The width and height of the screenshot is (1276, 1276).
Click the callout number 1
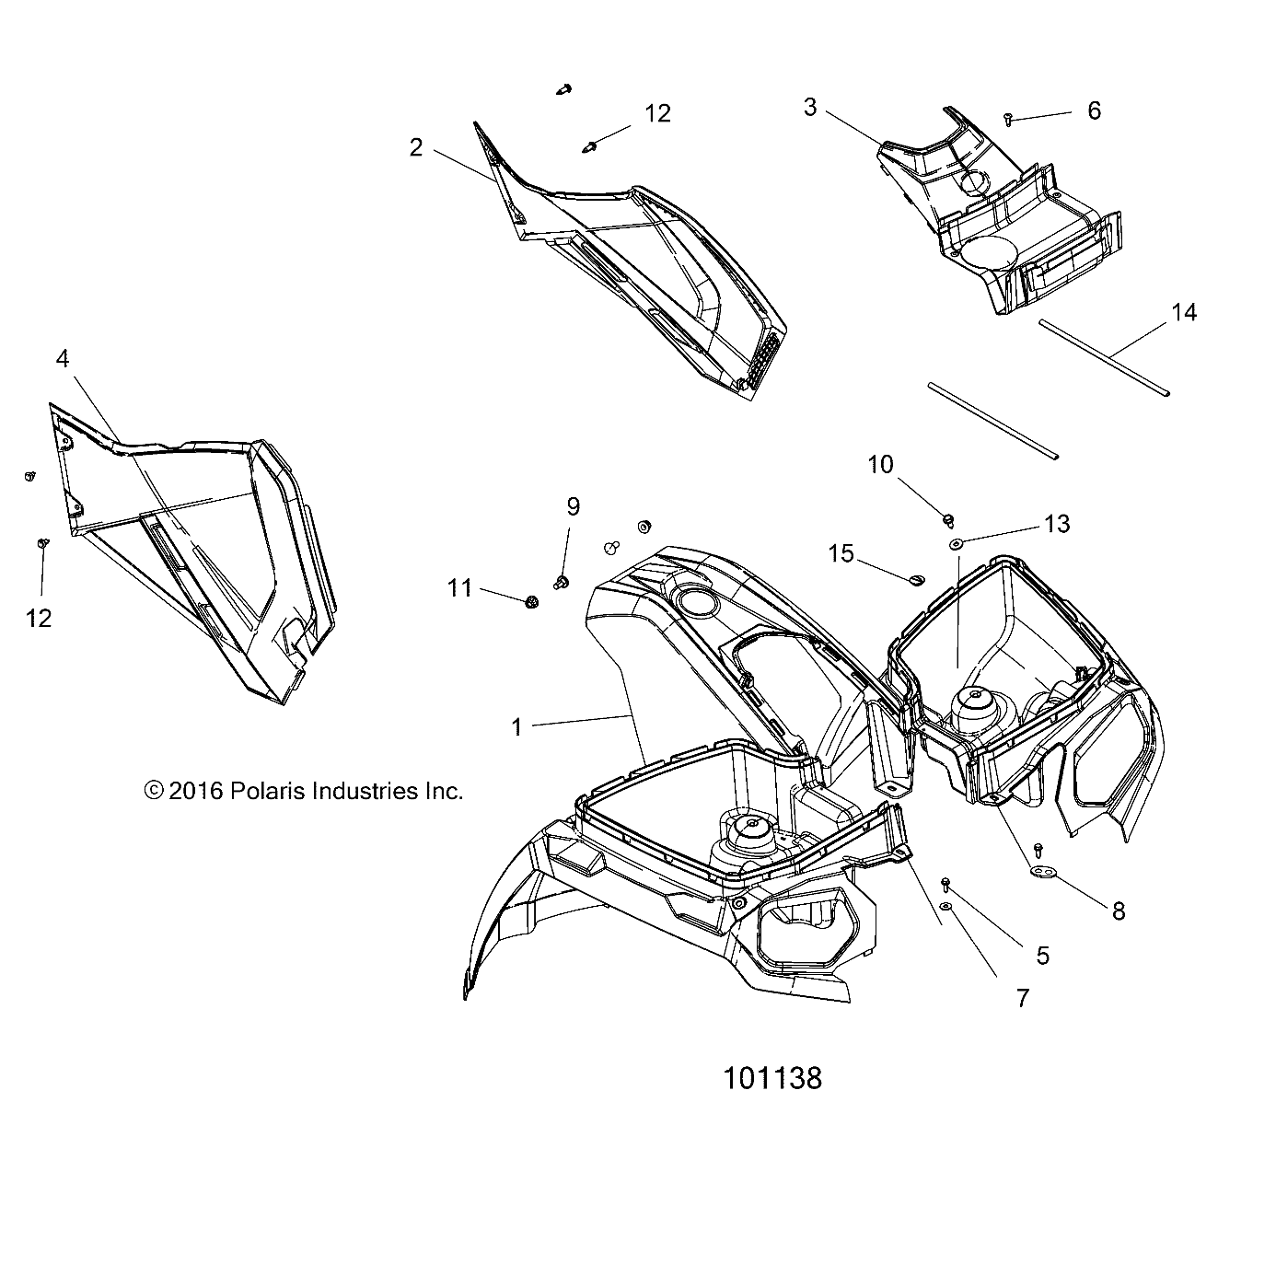coord(516,727)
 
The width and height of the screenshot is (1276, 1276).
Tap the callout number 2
coord(416,147)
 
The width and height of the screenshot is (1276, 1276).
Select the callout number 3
coord(809,108)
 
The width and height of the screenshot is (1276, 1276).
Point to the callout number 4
coord(63,359)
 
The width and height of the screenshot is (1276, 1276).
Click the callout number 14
coord(1183,313)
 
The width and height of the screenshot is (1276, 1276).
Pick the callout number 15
coord(841,553)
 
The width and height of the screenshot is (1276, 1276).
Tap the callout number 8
coord(1119,911)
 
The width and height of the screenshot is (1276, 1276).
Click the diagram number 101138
coord(771,1078)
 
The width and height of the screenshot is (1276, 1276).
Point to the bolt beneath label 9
coord(560,581)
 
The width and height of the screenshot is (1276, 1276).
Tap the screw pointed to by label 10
coord(946,520)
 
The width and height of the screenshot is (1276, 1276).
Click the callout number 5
coord(1042,955)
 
